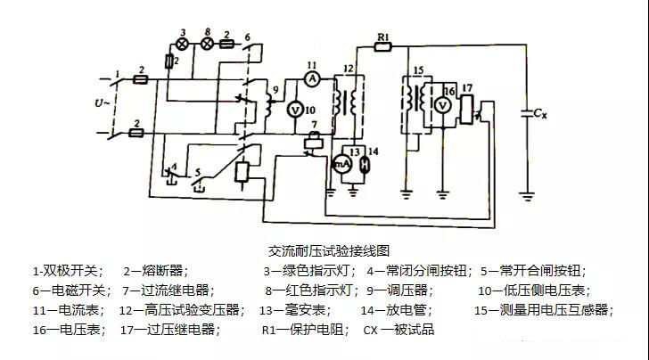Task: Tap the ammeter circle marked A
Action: pos(312,78)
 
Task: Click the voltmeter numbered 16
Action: pos(443,105)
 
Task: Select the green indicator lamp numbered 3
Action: pos(184,42)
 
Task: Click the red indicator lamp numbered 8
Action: pos(208,42)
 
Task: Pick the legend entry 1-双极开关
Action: pos(68,270)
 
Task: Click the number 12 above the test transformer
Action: pos(348,69)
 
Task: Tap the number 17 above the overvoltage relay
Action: pos(466,86)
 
